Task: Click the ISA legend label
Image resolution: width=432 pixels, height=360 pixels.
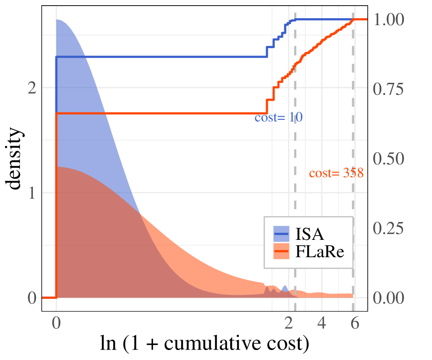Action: (309, 234)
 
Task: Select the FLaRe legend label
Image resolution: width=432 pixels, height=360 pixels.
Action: (319, 252)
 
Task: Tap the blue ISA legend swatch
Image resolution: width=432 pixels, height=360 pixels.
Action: (281, 234)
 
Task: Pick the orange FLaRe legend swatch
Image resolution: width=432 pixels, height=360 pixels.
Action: (281, 252)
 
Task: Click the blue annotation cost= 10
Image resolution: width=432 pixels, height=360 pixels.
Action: (278, 118)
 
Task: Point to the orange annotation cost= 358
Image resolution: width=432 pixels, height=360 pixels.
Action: (336, 173)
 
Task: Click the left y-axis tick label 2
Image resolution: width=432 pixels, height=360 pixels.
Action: (31, 88)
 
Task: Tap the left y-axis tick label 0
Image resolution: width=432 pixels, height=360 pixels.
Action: (31, 298)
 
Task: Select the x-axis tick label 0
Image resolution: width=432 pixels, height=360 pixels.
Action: (56, 323)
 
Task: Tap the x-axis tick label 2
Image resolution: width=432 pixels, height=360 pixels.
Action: (289, 323)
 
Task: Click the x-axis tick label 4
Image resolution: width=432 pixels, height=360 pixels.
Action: (322, 323)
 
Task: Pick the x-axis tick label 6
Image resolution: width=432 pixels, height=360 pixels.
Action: (354, 323)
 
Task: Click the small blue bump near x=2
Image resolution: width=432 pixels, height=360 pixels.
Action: (285, 288)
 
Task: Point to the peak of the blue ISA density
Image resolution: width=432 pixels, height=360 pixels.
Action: (58, 20)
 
